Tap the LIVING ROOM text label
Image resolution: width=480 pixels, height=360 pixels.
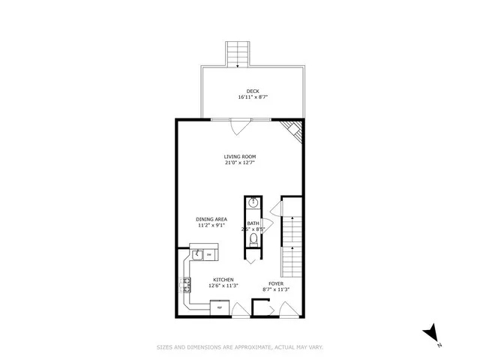coord(239,157)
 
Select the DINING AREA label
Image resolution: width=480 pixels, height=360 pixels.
coord(212,218)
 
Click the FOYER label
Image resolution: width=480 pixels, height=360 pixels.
coord(276,283)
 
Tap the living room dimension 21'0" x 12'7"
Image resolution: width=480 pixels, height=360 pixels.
coord(239,163)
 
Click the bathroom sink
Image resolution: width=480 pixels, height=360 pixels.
coord(253,202)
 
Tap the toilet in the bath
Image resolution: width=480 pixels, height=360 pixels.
coord(254,240)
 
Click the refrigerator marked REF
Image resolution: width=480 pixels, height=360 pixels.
coord(220,307)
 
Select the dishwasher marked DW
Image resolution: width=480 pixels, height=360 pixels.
coord(209,255)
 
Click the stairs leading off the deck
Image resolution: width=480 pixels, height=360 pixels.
coord(238,54)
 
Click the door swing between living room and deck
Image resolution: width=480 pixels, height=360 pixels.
coord(238,127)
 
